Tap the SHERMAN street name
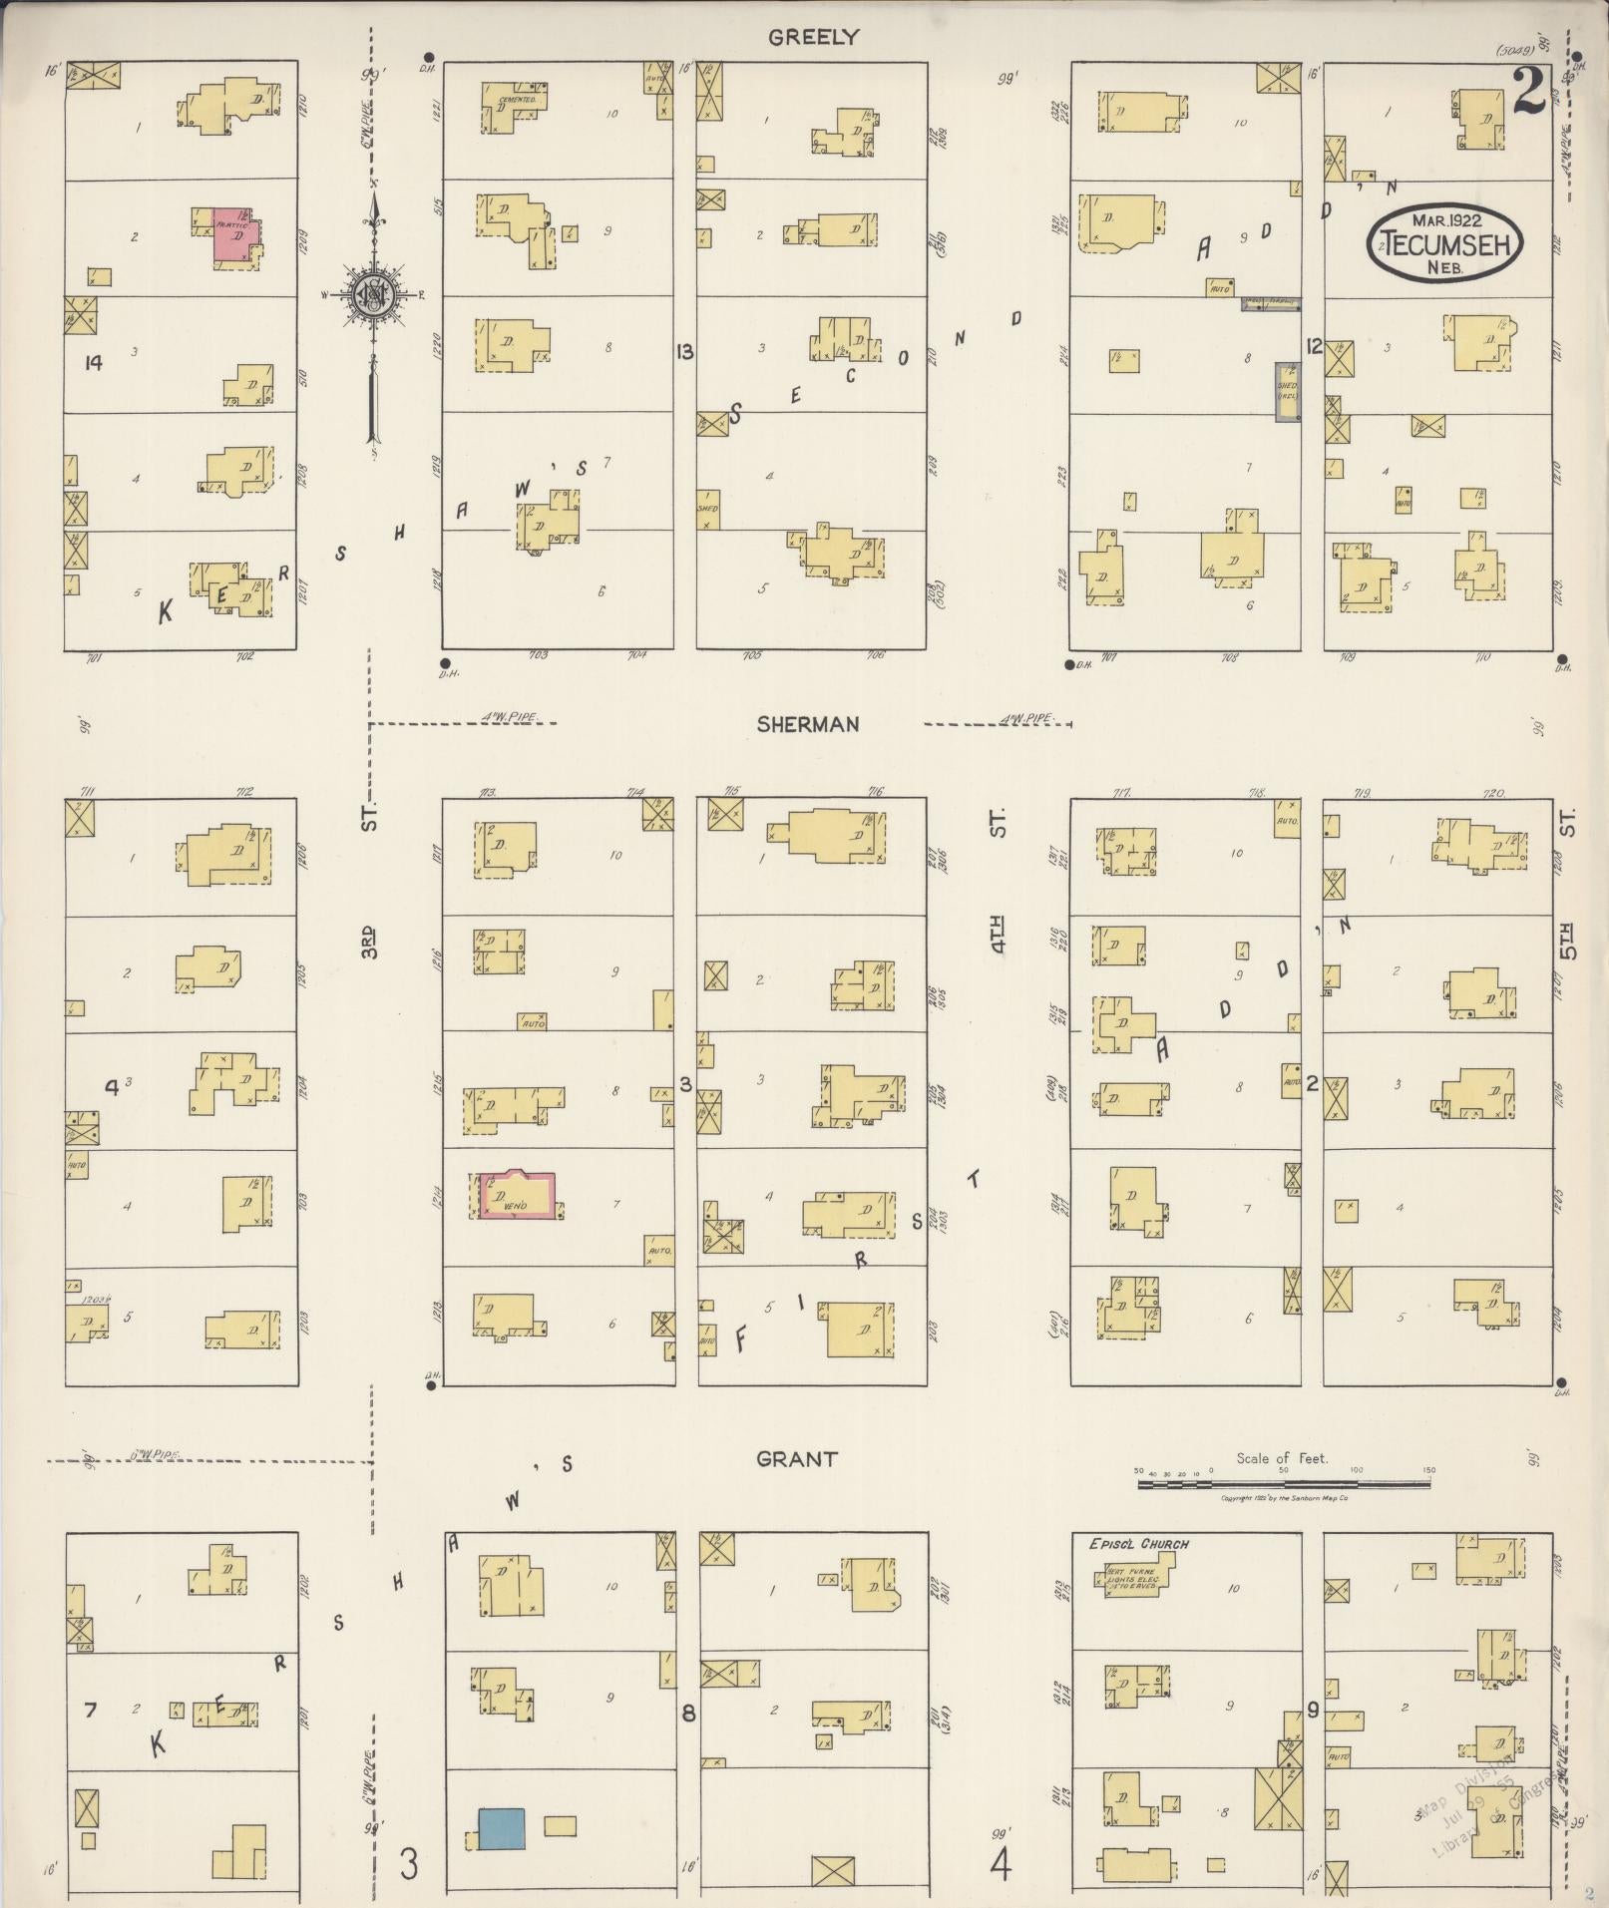(x=807, y=725)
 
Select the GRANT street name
(x=796, y=1459)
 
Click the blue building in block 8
(x=501, y=1828)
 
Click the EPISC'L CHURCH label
(x=1138, y=1544)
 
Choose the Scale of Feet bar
(x=1283, y=1484)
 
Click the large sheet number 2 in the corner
(x=1528, y=93)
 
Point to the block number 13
(x=684, y=352)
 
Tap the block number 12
(x=1314, y=346)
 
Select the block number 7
(x=90, y=1711)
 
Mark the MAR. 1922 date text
(x=1445, y=220)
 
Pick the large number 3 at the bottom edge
(x=409, y=1863)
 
